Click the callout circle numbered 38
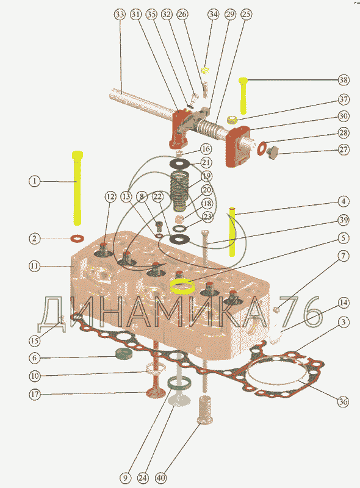(x=344, y=80)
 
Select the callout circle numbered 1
(x=35, y=181)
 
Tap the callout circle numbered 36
(x=343, y=402)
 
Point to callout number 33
(x=120, y=14)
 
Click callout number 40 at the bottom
(x=160, y=478)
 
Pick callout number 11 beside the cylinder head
(x=35, y=267)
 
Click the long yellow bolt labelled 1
(x=77, y=188)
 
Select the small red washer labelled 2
(x=77, y=239)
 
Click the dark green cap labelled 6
(x=124, y=354)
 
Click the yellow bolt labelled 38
(x=243, y=95)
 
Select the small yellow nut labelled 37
(x=232, y=118)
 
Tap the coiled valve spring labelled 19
(x=179, y=190)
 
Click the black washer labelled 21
(x=179, y=163)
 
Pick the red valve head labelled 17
(x=156, y=393)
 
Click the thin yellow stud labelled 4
(x=232, y=231)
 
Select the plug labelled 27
(x=273, y=153)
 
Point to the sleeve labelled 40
(x=205, y=410)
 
